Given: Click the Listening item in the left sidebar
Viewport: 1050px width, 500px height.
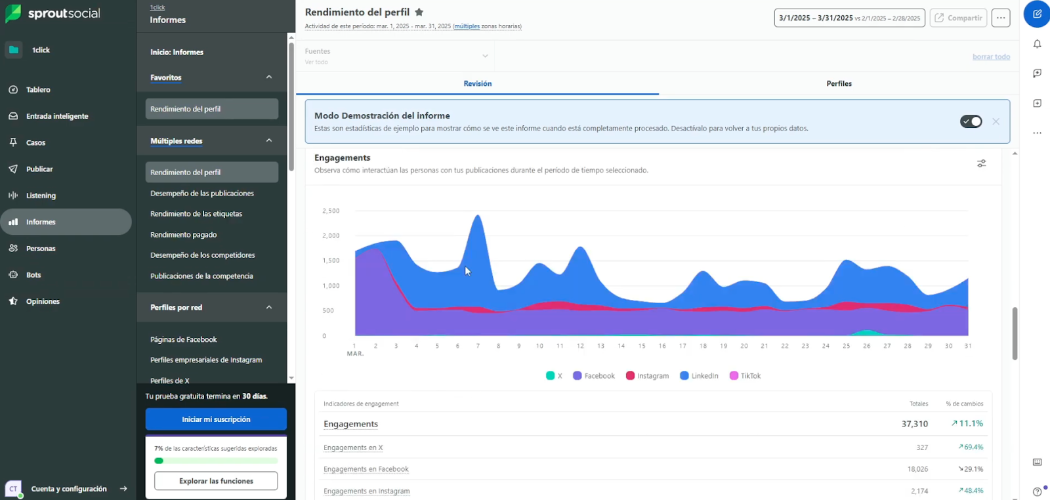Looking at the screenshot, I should point(41,196).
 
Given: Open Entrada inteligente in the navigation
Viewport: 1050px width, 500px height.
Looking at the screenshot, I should point(57,116).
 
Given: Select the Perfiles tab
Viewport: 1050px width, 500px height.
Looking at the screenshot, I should point(839,84).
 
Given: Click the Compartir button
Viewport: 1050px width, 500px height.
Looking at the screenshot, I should point(958,18).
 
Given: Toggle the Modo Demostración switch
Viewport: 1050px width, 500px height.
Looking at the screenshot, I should point(971,121).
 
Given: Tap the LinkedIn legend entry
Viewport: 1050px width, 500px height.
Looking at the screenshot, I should point(700,376).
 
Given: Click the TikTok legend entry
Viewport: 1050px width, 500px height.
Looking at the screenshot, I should point(745,376).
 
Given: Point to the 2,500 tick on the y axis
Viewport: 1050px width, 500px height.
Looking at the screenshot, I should point(331,211).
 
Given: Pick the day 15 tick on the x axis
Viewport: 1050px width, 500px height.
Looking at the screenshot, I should point(641,346).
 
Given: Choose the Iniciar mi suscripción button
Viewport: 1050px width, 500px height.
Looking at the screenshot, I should point(216,419).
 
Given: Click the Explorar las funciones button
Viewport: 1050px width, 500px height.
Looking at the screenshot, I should point(216,481).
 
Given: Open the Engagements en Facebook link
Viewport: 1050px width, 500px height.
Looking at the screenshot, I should point(366,469).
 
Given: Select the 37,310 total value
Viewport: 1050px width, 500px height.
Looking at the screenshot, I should point(914,424).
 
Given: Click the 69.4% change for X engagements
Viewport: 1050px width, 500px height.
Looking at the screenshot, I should point(971,447).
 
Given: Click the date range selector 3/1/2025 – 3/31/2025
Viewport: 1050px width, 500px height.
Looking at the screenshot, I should point(849,18).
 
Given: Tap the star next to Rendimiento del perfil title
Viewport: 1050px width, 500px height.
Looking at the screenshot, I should point(419,12).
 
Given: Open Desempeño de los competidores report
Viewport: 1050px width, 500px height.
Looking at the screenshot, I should point(202,255).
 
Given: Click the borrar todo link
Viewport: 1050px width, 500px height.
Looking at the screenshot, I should point(991,56).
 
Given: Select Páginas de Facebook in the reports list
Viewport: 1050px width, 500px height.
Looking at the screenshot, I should point(183,339).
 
